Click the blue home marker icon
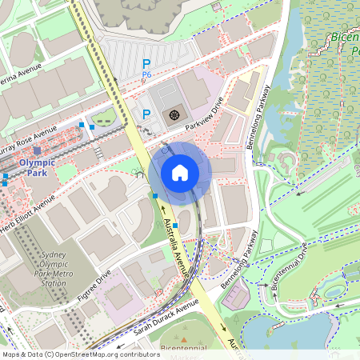(x=180, y=172)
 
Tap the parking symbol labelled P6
(x=146, y=65)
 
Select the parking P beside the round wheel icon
(x=146, y=114)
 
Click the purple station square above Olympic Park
(x=38, y=150)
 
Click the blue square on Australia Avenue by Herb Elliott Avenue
(x=154, y=195)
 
